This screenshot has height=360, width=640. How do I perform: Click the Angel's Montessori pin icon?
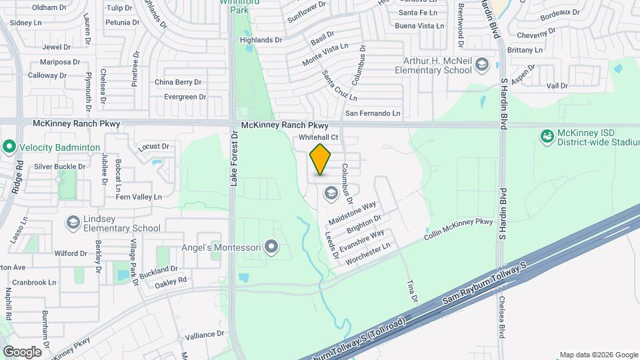pos(271,248)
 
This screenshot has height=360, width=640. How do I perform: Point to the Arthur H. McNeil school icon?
pos(483,65)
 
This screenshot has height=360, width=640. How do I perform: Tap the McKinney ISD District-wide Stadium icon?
pos(547,137)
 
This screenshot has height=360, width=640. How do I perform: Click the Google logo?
pos(22,351)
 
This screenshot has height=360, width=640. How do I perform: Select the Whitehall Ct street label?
pos(319,137)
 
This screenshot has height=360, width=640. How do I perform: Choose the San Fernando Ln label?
pos(372,113)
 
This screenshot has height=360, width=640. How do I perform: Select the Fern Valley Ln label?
pos(139,197)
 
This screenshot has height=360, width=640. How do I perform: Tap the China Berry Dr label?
pos(178,82)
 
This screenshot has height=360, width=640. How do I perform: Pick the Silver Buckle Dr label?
pos(60,167)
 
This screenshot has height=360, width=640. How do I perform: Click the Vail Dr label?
pos(557,86)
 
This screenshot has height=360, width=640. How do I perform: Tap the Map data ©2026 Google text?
pos(598,355)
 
